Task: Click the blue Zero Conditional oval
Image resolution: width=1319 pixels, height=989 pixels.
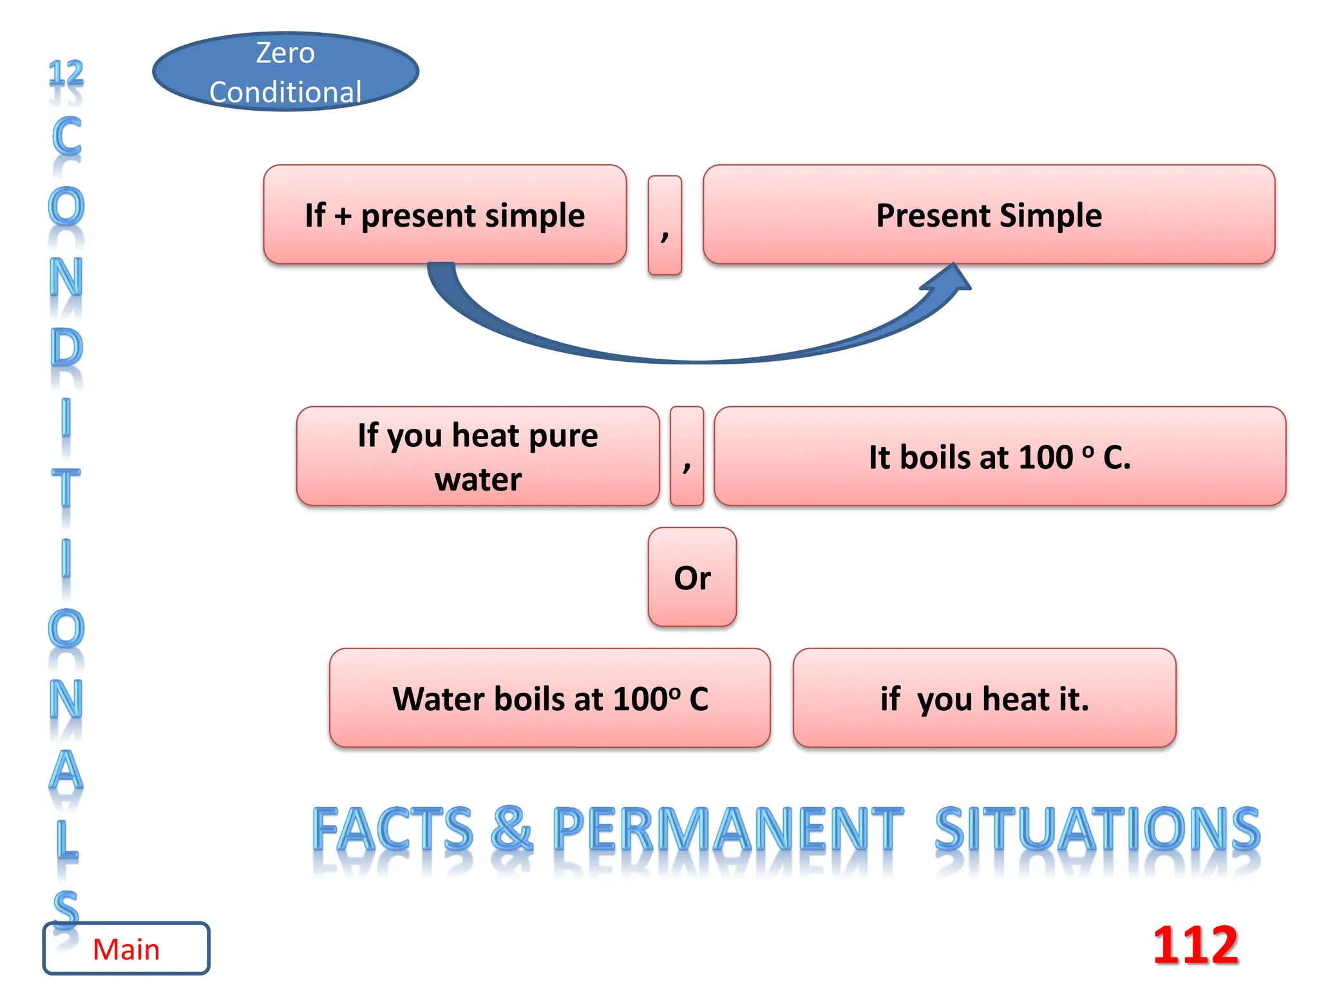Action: click(x=285, y=71)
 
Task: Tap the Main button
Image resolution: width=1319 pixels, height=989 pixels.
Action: click(x=126, y=949)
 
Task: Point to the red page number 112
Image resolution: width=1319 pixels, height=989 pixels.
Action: click(x=1195, y=945)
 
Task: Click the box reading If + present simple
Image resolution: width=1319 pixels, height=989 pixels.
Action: click(x=444, y=214)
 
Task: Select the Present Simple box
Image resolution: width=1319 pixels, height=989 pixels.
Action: click(x=989, y=214)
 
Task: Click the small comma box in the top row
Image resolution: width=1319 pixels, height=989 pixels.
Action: click(x=665, y=225)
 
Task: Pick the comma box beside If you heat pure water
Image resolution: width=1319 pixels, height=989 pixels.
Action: click(x=687, y=456)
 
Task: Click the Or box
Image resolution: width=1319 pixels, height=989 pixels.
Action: click(x=692, y=577)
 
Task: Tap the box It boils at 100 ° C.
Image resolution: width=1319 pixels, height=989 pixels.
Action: click(x=1000, y=456)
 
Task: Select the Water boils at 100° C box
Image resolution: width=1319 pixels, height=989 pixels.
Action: click(x=550, y=698)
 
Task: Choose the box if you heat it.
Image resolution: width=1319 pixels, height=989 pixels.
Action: click(x=984, y=698)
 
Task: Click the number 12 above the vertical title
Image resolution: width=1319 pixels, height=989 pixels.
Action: click(x=66, y=73)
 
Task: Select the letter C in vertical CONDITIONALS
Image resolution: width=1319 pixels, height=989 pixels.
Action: click(x=66, y=137)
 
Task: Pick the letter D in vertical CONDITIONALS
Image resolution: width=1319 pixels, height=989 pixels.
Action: click(x=66, y=348)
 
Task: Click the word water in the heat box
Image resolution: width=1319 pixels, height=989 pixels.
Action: click(x=478, y=479)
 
